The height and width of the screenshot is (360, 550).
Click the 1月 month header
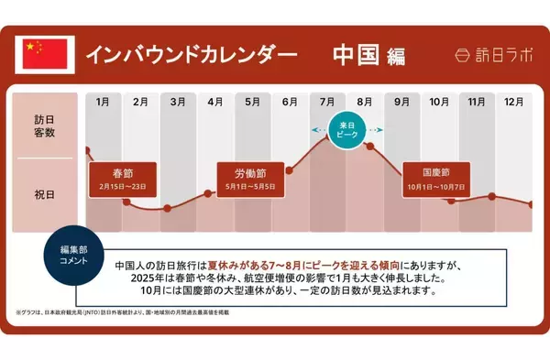coord(103,102)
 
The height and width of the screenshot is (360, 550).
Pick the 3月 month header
coord(178,102)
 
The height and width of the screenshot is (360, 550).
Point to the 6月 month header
coord(290,102)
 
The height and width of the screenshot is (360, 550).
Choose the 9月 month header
coord(401,102)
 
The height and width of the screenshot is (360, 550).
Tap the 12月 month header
coord(513,102)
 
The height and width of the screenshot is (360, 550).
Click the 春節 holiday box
coord(123,177)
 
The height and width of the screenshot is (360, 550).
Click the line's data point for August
coord(370,146)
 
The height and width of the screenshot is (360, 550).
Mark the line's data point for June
coord(290,169)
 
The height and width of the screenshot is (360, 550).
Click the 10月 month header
coord(439,102)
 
